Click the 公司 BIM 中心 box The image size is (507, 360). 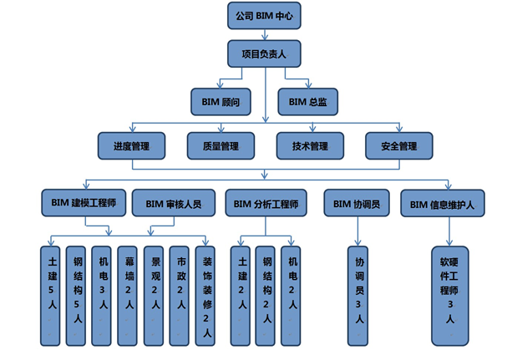click(x=264, y=14)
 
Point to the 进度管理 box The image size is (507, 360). click(x=131, y=146)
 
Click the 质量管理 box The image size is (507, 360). click(x=221, y=146)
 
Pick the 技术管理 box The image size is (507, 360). click(x=310, y=146)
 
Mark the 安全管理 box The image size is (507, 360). click(x=398, y=146)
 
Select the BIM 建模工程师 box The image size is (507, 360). click(x=83, y=203)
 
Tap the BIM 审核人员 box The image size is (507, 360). click(x=173, y=203)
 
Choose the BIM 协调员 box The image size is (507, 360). click(x=357, y=203)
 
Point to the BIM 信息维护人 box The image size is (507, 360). click(x=443, y=203)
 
